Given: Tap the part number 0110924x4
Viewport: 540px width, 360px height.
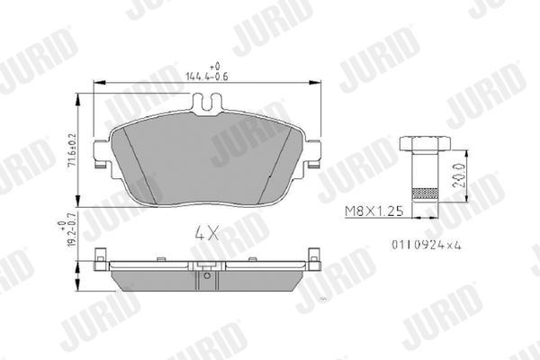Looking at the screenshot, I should [421, 243].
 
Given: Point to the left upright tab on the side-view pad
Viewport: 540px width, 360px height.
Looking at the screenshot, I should [100, 262].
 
